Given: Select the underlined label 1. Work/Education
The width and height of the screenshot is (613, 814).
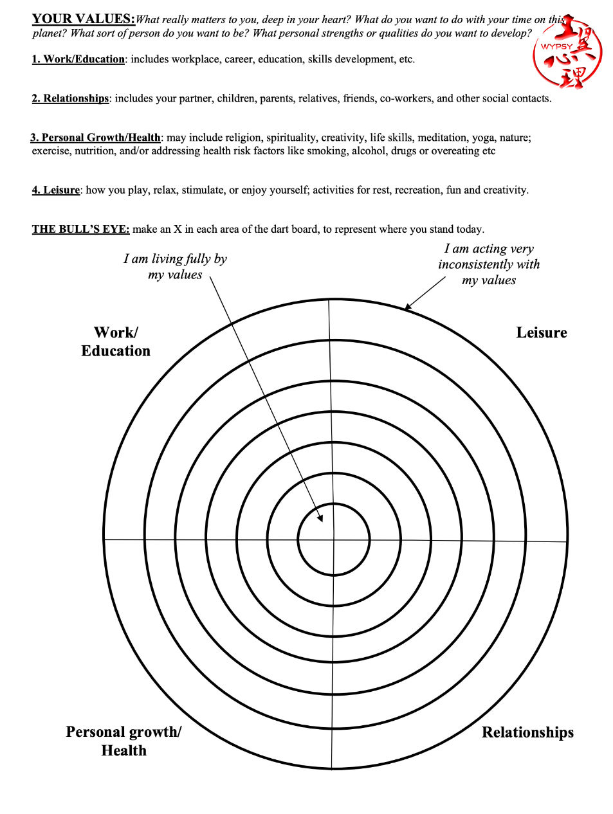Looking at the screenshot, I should (78, 59).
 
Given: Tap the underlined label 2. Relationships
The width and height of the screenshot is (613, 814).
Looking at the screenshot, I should (71, 98).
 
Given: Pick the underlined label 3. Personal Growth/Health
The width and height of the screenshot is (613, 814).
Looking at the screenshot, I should (95, 138).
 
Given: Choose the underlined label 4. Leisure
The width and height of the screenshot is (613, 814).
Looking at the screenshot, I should (56, 190).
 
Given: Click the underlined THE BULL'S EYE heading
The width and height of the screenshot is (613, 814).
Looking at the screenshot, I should (81, 230).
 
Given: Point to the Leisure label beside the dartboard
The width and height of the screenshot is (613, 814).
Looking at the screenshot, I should (541, 332).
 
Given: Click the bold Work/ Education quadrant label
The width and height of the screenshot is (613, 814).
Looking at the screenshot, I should (116, 341).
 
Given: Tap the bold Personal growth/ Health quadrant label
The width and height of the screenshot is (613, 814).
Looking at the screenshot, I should (124, 741).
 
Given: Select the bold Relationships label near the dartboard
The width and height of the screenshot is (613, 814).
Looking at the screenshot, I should (527, 732).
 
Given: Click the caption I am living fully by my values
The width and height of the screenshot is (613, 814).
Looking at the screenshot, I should (175, 266).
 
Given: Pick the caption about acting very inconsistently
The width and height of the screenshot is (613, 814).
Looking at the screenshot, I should (489, 264).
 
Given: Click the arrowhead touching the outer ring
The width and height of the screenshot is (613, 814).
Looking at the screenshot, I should (408, 307).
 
